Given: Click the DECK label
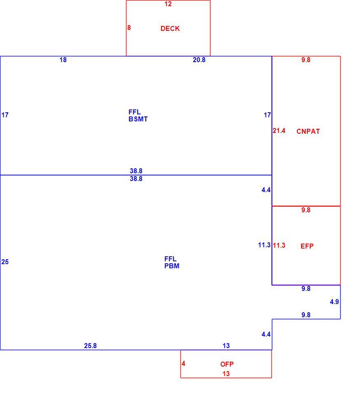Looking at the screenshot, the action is coord(170,28).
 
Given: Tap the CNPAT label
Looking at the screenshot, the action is coord(308,131).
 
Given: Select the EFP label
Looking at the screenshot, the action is coord(307,246).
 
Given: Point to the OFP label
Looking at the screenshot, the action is coord(227,364).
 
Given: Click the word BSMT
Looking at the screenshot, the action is coord(138,119).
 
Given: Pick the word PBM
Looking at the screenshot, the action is coord(172,266).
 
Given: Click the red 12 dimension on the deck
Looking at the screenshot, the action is coord(168,4).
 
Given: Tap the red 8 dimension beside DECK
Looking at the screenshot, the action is coord(129,28).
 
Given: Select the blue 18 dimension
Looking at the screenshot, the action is coord(63,60).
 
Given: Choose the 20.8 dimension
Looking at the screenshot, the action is coord(199,60).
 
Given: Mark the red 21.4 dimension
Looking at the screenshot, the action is coord(279,130).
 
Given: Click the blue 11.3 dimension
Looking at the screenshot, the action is coord(264,245).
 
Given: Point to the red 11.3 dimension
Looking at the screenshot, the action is coord(279,245).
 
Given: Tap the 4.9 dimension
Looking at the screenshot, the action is coord(334,302).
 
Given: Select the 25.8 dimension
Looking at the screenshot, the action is coord(91,346).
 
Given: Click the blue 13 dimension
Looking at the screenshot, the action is coord(226,346).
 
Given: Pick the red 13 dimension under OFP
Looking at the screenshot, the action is coord(226,374).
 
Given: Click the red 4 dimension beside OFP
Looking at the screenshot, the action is coord(183,363).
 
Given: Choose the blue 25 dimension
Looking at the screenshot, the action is coord(5,262).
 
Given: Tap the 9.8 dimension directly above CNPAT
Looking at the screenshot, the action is coord(306,60).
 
